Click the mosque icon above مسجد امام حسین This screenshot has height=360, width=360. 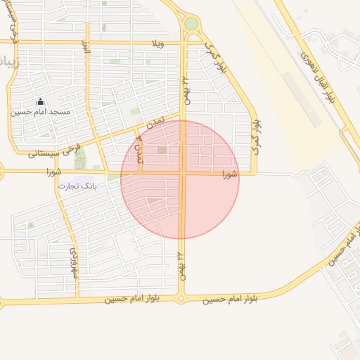click(x=40, y=102)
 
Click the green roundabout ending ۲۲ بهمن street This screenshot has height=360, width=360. click(x=191, y=24)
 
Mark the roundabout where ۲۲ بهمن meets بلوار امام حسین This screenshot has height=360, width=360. click(x=181, y=300)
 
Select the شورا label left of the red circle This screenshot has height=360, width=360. click(x=56, y=171)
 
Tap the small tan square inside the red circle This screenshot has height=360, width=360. click(x=163, y=150)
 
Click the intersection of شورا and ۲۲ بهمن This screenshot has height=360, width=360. click(x=182, y=172)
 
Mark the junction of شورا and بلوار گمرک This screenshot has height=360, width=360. click(x=255, y=172)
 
